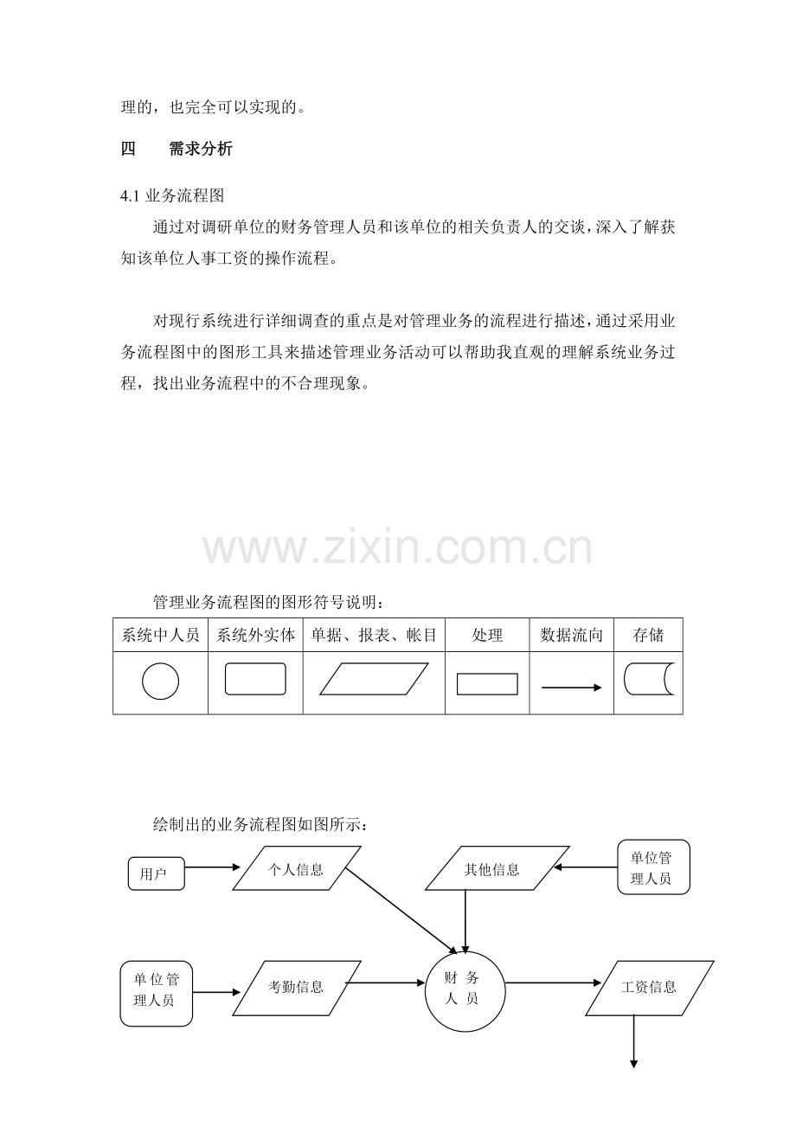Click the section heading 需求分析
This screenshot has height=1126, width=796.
click(201, 149)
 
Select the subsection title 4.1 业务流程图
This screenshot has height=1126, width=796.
click(172, 195)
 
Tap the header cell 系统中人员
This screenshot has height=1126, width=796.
click(160, 635)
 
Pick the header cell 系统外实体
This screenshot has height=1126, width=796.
click(255, 635)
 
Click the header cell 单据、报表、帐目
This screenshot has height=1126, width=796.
click(374, 635)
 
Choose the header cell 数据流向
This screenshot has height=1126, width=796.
click(571, 635)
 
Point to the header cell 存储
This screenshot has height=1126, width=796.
click(648, 635)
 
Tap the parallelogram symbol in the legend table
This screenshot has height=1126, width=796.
click(374, 679)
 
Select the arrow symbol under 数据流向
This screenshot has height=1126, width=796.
click(571, 688)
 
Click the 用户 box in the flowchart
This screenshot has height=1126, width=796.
click(157, 873)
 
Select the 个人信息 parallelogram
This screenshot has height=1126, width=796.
click(296, 868)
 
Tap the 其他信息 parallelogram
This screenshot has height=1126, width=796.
click(497, 868)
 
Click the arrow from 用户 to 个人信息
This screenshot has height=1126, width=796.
click(213, 867)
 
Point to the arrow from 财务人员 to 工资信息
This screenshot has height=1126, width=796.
click(554, 982)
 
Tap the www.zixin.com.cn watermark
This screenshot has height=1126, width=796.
click(397, 547)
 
